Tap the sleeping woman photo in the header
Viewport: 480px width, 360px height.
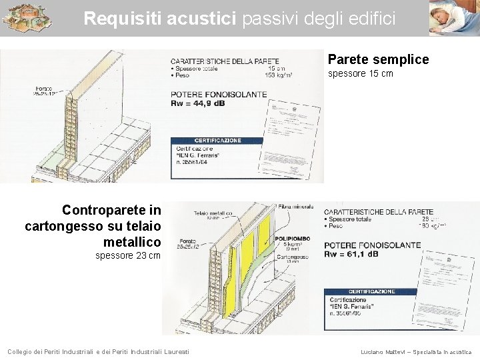tap(453, 18)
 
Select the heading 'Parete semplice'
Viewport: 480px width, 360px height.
tap(378, 60)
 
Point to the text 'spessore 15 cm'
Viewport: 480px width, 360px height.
tap(360, 73)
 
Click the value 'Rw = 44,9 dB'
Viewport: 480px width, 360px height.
tap(198, 103)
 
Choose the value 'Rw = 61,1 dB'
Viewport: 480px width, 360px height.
tap(351, 254)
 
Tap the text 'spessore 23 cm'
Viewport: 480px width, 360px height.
tap(128, 256)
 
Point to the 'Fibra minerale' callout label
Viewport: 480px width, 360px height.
tap(296, 207)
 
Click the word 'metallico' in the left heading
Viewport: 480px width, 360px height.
tap(132, 241)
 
